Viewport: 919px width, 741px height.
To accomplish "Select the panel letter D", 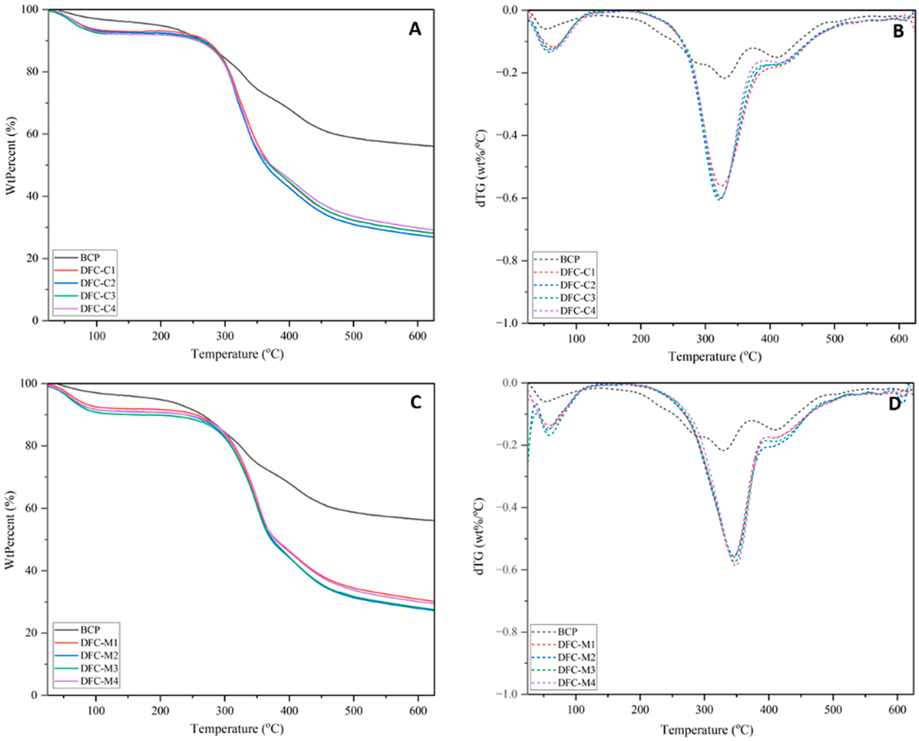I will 894,405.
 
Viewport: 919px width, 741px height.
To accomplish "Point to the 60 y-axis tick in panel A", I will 34,134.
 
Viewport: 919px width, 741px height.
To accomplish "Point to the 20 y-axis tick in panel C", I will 34,632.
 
